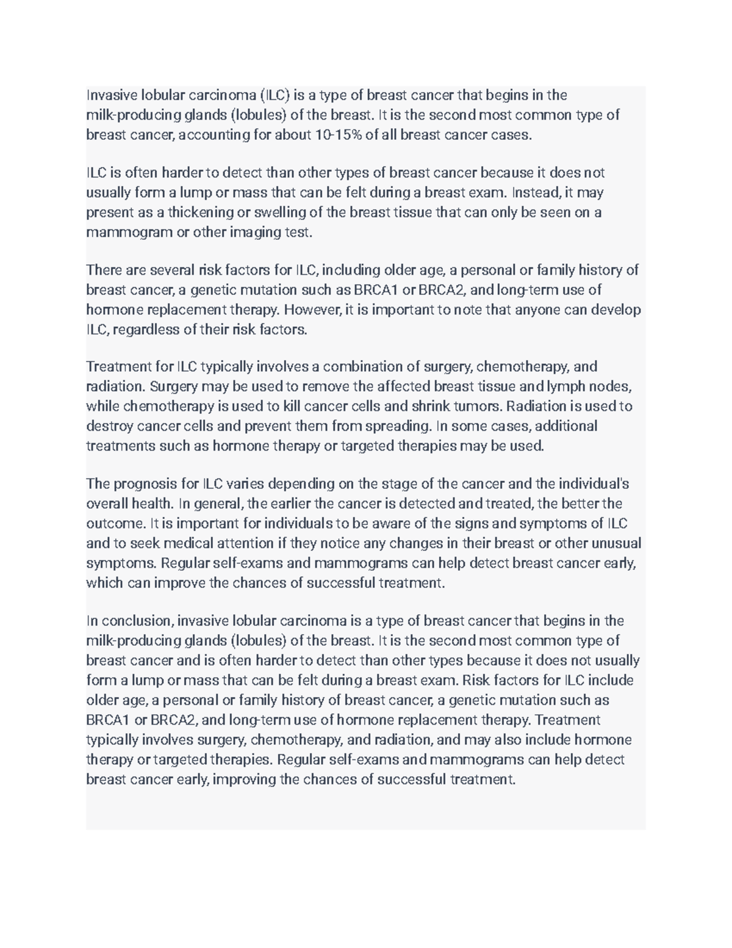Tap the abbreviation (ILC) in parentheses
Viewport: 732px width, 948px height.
276,95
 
